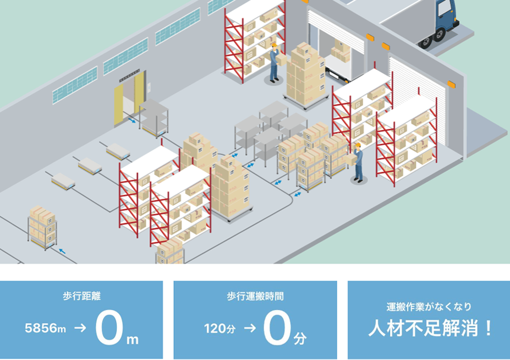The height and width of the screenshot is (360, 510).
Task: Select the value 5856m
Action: pos(46,329)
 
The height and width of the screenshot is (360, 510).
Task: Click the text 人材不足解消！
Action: pos(429,329)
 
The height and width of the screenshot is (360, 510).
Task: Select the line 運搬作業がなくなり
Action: pos(429,307)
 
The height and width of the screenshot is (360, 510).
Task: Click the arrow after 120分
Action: pos(249,329)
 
